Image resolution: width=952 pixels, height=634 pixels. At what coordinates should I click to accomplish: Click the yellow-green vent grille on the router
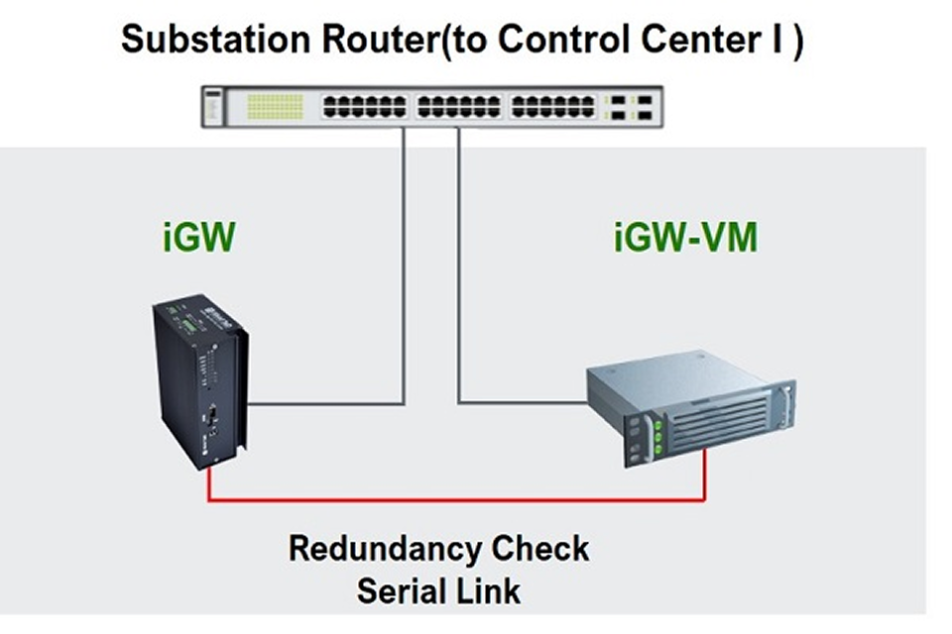[274, 106]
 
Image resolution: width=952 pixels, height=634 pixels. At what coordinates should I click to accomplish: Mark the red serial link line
[456, 501]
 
